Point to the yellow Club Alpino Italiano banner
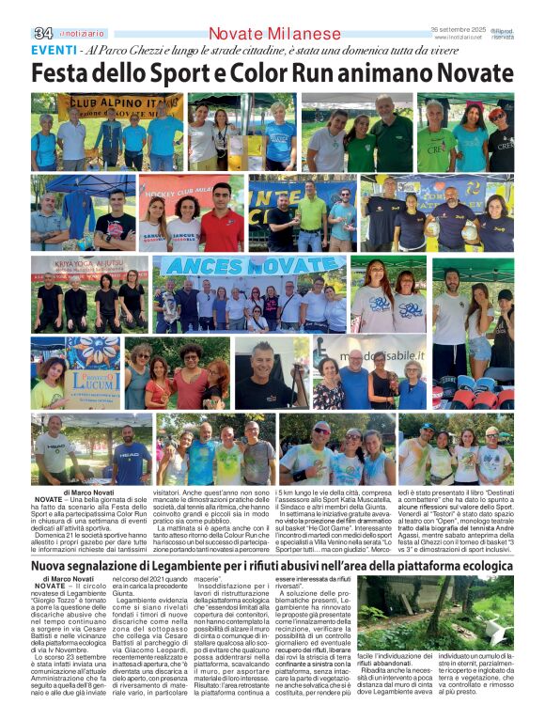[117, 103]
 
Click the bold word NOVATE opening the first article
[48, 499]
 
